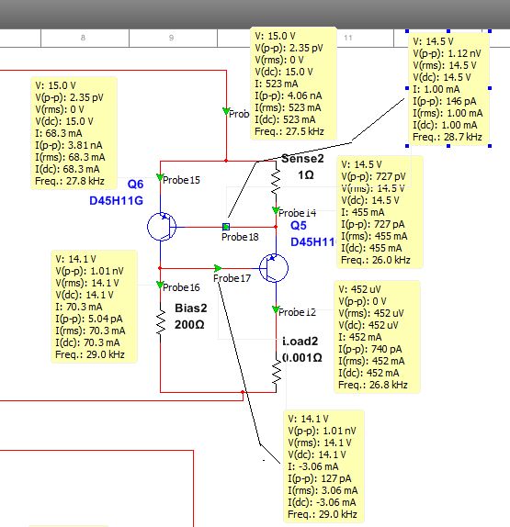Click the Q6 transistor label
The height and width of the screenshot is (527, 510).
point(136,184)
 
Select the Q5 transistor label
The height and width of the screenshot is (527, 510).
point(299,225)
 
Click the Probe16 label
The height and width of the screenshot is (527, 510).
point(182,287)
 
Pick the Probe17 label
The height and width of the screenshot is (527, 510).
point(232,277)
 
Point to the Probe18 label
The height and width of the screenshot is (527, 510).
point(241,237)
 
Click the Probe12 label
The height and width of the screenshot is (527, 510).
point(298,311)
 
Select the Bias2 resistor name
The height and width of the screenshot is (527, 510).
point(190,308)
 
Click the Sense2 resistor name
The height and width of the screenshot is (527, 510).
point(301,159)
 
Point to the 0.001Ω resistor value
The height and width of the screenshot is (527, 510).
point(302,357)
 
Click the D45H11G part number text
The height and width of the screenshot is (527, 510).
point(117,200)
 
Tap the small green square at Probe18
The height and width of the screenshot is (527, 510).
point(226,226)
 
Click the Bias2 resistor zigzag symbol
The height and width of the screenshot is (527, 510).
point(160,321)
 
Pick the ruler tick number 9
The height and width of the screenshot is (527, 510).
point(171,38)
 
